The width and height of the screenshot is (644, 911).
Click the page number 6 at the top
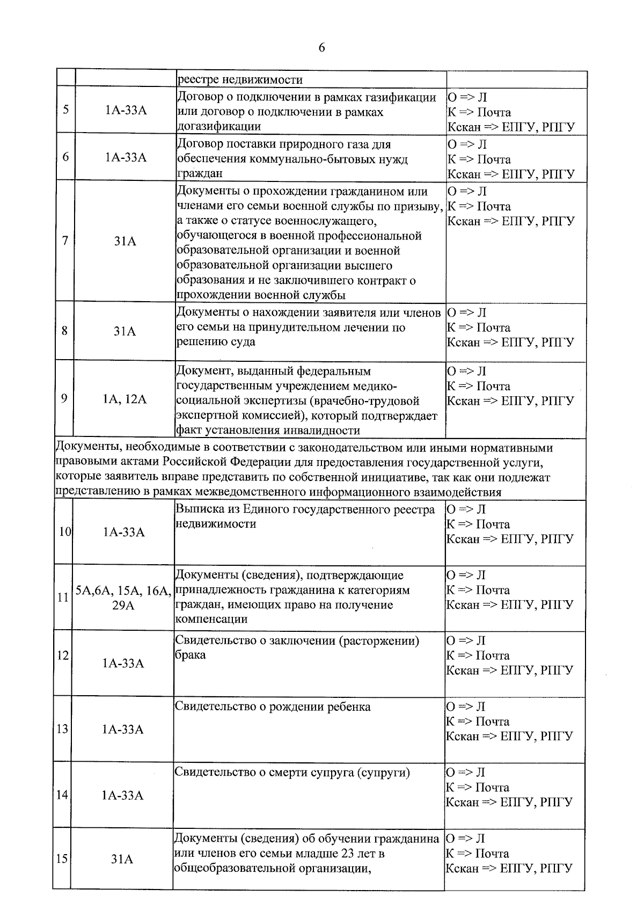click(321, 48)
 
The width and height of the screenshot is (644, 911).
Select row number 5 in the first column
click(65, 110)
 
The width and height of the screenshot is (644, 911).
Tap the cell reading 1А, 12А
click(125, 399)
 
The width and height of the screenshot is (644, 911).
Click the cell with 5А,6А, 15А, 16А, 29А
click(123, 597)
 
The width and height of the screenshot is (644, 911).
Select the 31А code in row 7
click(125, 242)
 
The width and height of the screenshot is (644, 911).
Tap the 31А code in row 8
click(125, 331)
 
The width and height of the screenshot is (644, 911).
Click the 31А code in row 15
click(122, 859)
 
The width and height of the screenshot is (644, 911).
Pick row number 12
click(63, 655)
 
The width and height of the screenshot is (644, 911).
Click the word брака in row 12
click(191, 655)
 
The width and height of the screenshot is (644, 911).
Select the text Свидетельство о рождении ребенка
click(273, 706)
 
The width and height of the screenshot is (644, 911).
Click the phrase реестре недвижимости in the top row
click(240, 80)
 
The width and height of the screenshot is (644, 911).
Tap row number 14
click(62, 795)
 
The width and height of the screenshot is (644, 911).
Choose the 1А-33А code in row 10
click(124, 532)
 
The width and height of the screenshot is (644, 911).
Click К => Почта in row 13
click(478, 721)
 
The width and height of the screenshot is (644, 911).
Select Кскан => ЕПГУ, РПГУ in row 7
click(510, 221)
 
